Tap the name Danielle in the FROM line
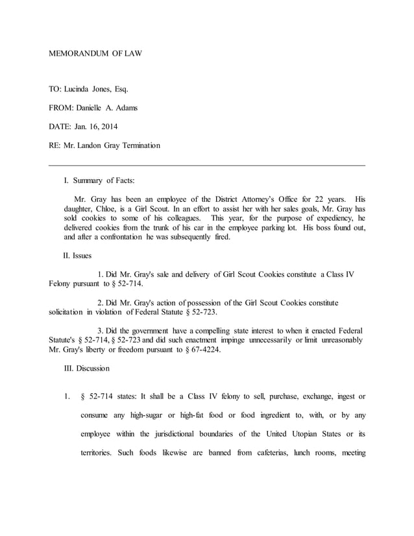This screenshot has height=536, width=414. pos(95,108)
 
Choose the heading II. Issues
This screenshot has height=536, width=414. pos(77,256)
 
